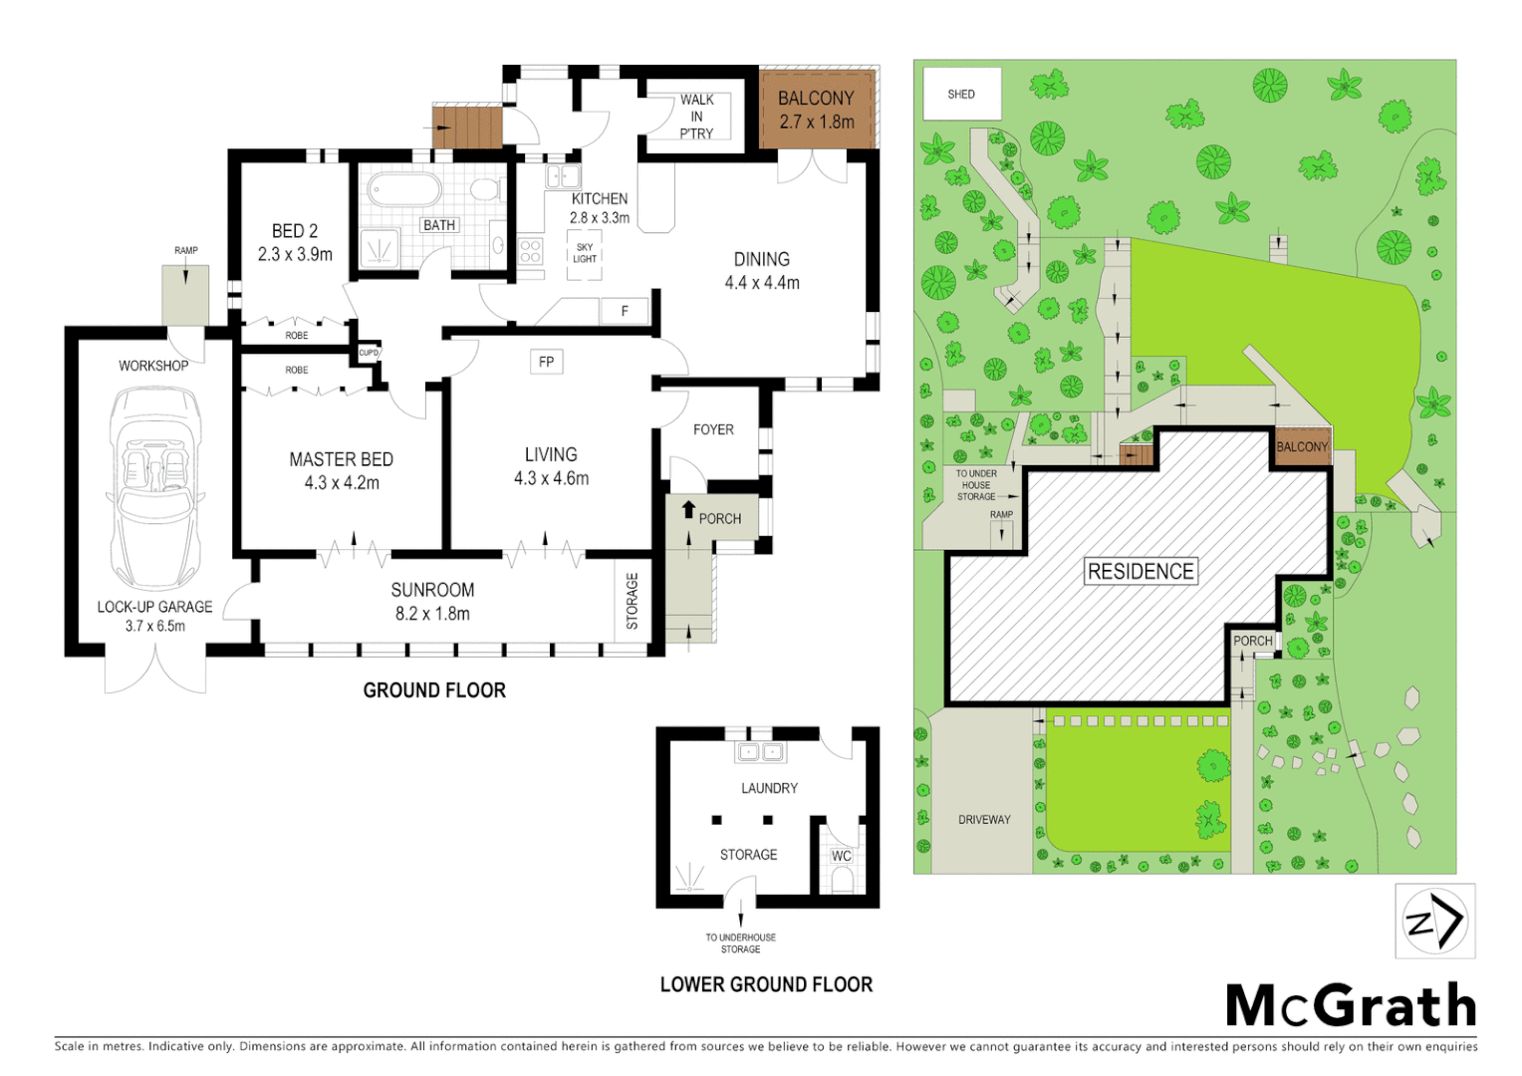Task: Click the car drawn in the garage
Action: coord(156,488)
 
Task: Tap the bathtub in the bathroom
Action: coord(403,189)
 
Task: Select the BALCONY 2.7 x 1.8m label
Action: coord(816,110)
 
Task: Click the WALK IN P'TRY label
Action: coord(696,116)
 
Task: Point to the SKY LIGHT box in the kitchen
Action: coord(585,253)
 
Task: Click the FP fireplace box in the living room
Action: coord(546,362)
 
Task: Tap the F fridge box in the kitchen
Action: coord(625,311)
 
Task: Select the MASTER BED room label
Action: coord(341,470)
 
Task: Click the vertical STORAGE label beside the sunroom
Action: coord(632,601)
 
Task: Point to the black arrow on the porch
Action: coord(687,510)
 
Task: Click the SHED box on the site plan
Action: coord(961,94)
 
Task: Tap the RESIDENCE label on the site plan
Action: coord(1141,571)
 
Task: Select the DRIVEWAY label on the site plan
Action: coord(984,819)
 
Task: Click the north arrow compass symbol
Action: coord(1434,921)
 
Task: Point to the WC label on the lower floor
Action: coord(842,856)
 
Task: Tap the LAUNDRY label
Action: coord(769,788)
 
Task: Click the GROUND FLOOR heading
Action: coord(434,690)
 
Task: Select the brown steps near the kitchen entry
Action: coord(466,128)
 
